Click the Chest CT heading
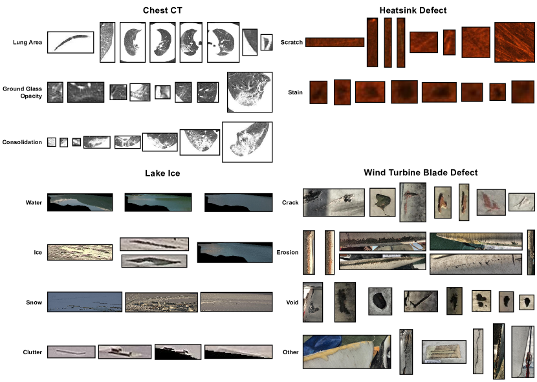(x=162, y=10)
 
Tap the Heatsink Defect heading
(x=413, y=10)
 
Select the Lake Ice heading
(x=162, y=173)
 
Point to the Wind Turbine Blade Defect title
(x=421, y=173)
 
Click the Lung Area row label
(x=27, y=43)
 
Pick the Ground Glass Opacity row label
(x=22, y=92)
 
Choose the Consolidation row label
(x=22, y=142)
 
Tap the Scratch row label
(x=291, y=43)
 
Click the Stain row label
(x=295, y=92)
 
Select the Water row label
(x=34, y=203)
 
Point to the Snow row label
(x=34, y=302)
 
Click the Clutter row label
(x=32, y=352)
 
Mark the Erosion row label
(x=287, y=252)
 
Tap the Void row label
(x=292, y=302)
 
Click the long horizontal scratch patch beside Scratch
(x=334, y=43)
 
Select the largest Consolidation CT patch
(x=247, y=142)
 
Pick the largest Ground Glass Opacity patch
(x=250, y=92)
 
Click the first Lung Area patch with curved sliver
(x=71, y=43)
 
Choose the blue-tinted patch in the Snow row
(x=85, y=302)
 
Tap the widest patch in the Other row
(x=347, y=352)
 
